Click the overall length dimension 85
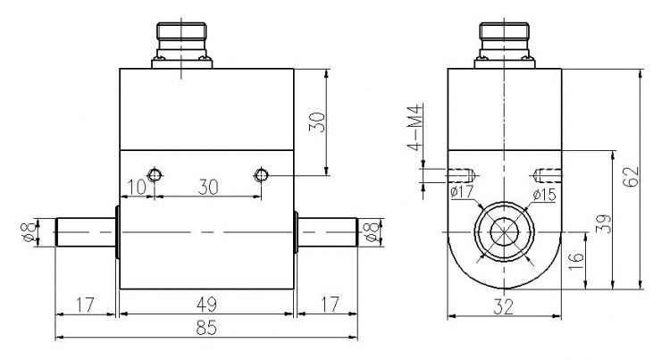pyautogui.click(x=206, y=328)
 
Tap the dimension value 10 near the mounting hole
pyautogui.click(x=135, y=187)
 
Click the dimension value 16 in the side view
pyautogui.click(x=576, y=260)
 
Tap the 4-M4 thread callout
pyautogui.click(x=415, y=130)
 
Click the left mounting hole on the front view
pyautogui.click(x=155, y=174)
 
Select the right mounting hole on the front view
pyautogui.click(x=262, y=174)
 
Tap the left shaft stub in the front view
pyautogui.click(x=84, y=233)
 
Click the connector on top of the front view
pyautogui.click(x=185, y=44)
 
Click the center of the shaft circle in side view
pyautogui.click(x=505, y=234)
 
